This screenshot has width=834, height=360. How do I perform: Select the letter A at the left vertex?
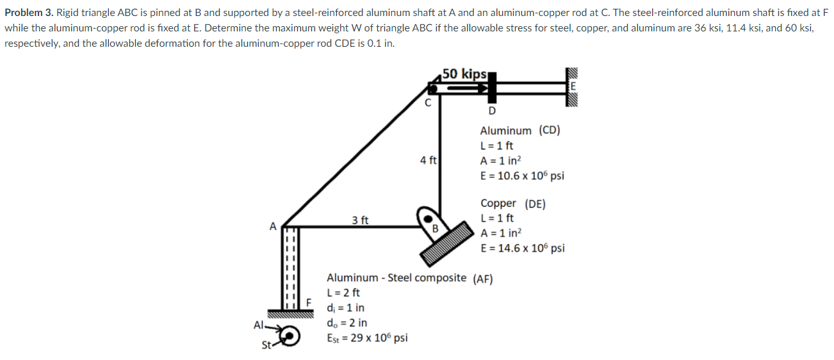pyautogui.click(x=273, y=225)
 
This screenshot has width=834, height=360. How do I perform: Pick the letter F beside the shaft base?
pyautogui.click(x=308, y=302)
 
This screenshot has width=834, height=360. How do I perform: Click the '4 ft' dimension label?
pyautogui.click(x=428, y=160)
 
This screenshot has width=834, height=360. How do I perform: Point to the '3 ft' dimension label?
pyautogui.click(x=360, y=220)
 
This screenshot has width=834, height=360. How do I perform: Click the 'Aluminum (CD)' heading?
pyautogui.click(x=519, y=131)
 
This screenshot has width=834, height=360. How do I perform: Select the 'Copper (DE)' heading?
pyautogui.click(x=512, y=204)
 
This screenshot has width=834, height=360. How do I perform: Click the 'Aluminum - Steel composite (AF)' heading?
pyautogui.click(x=409, y=278)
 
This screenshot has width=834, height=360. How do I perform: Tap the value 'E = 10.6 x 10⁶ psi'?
pyautogui.click(x=521, y=176)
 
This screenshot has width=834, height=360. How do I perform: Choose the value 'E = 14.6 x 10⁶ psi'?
pyautogui.click(x=521, y=248)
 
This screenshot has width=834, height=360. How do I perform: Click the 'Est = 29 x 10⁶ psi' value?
pyautogui.click(x=367, y=338)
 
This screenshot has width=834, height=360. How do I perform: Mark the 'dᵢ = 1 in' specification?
pyautogui.click(x=345, y=307)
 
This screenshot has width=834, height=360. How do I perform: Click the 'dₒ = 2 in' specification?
pyautogui.click(x=347, y=323)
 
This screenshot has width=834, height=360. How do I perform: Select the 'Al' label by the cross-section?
pyautogui.click(x=259, y=325)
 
